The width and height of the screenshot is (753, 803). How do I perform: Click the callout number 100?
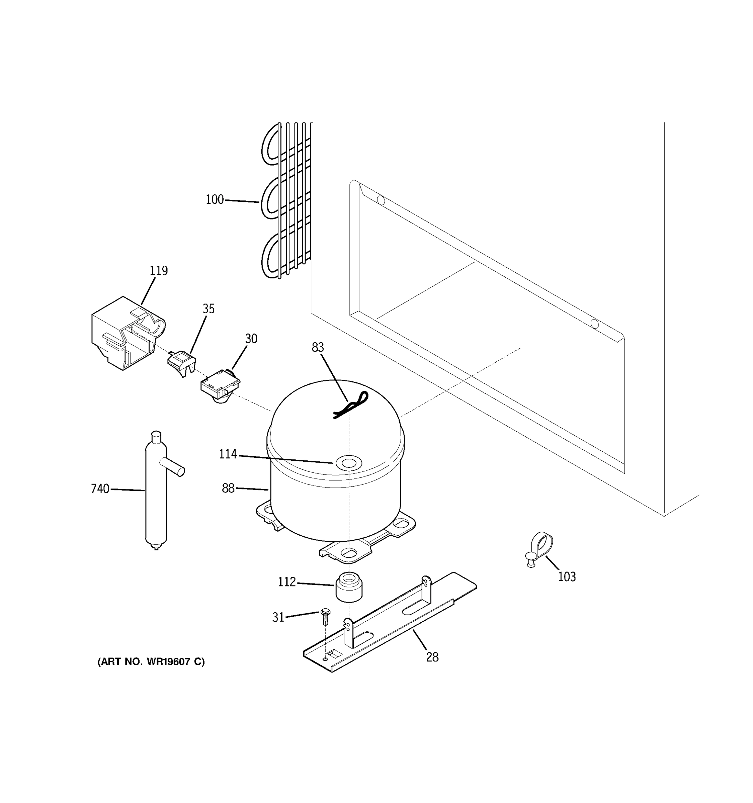[x=215, y=199]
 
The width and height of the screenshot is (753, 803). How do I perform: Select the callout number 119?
[x=159, y=271]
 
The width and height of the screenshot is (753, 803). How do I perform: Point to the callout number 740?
[x=100, y=489]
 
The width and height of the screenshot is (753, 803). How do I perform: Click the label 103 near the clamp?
[x=567, y=577]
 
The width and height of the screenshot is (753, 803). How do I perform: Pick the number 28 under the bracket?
[x=432, y=657]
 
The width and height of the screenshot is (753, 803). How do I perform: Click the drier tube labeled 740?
[x=156, y=501]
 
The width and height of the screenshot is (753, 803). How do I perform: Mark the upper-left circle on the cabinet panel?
[x=381, y=199]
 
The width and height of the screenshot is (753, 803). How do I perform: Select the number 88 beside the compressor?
[x=228, y=488]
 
